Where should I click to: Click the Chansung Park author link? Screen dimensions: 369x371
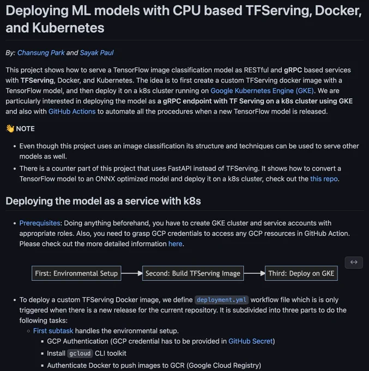[x=41, y=52]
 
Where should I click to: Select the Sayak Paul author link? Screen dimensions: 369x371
[x=96, y=52]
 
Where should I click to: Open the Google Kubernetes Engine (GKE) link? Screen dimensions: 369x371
[x=262, y=91]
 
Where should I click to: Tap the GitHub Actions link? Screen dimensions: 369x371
[x=72, y=111]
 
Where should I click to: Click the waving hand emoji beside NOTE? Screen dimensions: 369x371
[x=10, y=128]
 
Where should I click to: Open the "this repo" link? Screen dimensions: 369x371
[x=324, y=178]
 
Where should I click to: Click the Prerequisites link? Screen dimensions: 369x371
[x=40, y=223]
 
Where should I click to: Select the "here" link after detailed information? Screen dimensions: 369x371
[x=175, y=244]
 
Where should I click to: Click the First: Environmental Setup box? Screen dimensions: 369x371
[x=76, y=273]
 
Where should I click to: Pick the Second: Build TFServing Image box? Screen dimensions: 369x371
[x=193, y=273]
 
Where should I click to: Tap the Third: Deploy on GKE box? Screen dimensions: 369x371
[x=301, y=273]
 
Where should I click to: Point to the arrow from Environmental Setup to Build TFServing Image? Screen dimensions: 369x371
[x=132, y=273]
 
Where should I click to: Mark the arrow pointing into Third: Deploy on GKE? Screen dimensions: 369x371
[x=255, y=273]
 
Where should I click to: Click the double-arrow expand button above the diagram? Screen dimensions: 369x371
[x=354, y=262]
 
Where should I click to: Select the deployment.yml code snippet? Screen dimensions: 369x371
[x=221, y=300]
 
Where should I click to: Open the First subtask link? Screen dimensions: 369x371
[x=53, y=331]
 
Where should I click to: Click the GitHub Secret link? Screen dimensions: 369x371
[x=251, y=341]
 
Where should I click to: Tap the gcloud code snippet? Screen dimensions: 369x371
[x=80, y=353]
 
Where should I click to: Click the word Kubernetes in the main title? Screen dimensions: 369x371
[x=68, y=28]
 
